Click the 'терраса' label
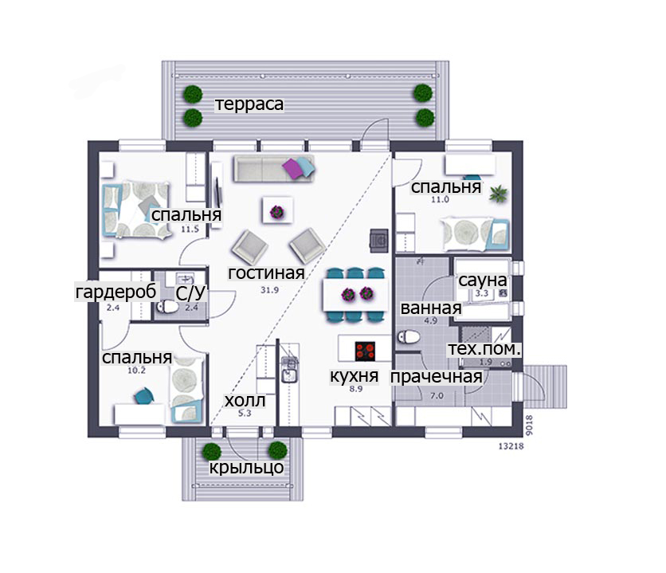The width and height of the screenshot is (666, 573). pos(249,104)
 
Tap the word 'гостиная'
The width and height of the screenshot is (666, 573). pos(266,273)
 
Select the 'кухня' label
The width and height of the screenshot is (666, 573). pos(355,376)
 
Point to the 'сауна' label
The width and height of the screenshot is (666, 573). pos(483,281)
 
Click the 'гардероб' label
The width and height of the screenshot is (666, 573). pos(116,292)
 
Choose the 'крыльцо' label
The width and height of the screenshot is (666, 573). pos(247,468)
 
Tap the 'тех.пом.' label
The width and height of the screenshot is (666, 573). pos(484,349)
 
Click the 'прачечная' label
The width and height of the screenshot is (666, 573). pos(437,377)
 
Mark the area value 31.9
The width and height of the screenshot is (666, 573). pos(270,290)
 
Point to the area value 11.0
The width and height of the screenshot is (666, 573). pos(440,199)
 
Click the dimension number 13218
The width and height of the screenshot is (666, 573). pos(511,446)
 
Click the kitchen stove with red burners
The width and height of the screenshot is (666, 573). pos(365,351)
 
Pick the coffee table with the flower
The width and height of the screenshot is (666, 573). pos(277,210)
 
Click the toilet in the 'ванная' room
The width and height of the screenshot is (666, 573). pos(409,337)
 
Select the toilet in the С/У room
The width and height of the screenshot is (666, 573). pos(167,306)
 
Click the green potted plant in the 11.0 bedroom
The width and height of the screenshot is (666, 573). pos(498,194)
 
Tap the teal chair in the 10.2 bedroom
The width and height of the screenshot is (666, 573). pos(143,396)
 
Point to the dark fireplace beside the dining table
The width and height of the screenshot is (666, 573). pos(379,241)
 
